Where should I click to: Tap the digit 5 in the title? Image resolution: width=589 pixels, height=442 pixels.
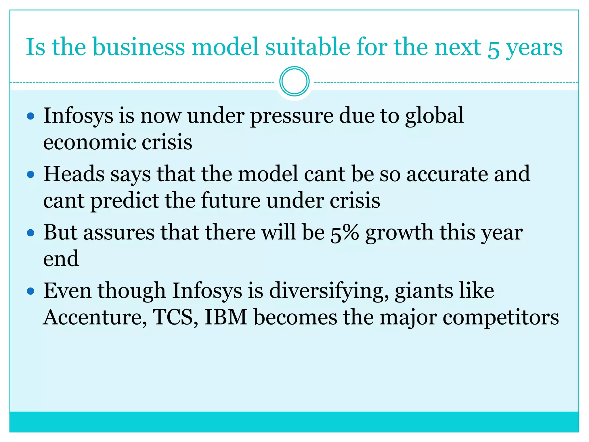[x=494, y=49]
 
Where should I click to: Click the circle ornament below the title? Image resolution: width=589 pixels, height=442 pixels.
[x=294, y=81]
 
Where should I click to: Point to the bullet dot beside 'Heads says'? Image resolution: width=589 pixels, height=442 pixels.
[x=30, y=174]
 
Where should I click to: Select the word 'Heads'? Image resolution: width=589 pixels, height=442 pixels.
[x=74, y=174]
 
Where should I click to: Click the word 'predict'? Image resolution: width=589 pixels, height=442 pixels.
[x=125, y=201]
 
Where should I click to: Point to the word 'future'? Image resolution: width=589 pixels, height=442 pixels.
[x=231, y=200]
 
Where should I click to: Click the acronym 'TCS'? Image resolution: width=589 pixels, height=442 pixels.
[x=173, y=317]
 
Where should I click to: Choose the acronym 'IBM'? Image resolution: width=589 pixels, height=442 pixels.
[x=226, y=317]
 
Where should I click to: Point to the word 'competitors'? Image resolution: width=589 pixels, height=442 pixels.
[x=500, y=318]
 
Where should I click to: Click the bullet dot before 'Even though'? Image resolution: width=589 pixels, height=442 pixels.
[x=30, y=291]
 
